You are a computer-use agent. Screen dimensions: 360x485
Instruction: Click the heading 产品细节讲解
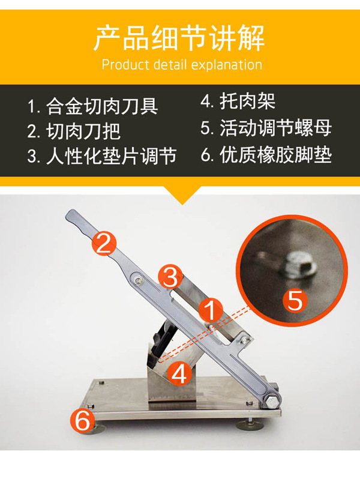click(x=179, y=38)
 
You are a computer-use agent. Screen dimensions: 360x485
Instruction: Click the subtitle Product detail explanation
click(x=182, y=65)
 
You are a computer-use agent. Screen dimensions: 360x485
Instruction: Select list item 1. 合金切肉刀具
click(x=93, y=106)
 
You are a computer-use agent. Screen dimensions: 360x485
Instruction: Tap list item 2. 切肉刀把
click(x=74, y=131)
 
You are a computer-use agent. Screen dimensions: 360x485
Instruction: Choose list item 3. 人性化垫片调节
click(x=102, y=156)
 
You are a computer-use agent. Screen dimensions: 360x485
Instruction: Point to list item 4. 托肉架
click(x=238, y=101)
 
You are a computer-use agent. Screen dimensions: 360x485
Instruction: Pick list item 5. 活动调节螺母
click(x=266, y=128)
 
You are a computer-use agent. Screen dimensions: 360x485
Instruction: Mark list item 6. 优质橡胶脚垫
click(x=266, y=155)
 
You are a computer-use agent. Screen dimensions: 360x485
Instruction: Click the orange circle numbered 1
click(x=211, y=310)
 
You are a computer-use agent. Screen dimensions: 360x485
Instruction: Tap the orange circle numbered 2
click(x=104, y=244)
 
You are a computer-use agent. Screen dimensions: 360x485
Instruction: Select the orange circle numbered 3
click(x=170, y=277)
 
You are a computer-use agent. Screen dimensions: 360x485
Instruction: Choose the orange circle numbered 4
click(x=179, y=373)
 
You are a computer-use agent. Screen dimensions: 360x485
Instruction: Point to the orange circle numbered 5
click(x=295, y=300)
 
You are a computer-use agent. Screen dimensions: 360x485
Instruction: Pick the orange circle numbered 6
click(x=83, y=420)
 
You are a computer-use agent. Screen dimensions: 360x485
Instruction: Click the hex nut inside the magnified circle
click(x=298, y=265)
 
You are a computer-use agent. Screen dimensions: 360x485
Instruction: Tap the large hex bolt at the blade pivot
click(x=272, y=401)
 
